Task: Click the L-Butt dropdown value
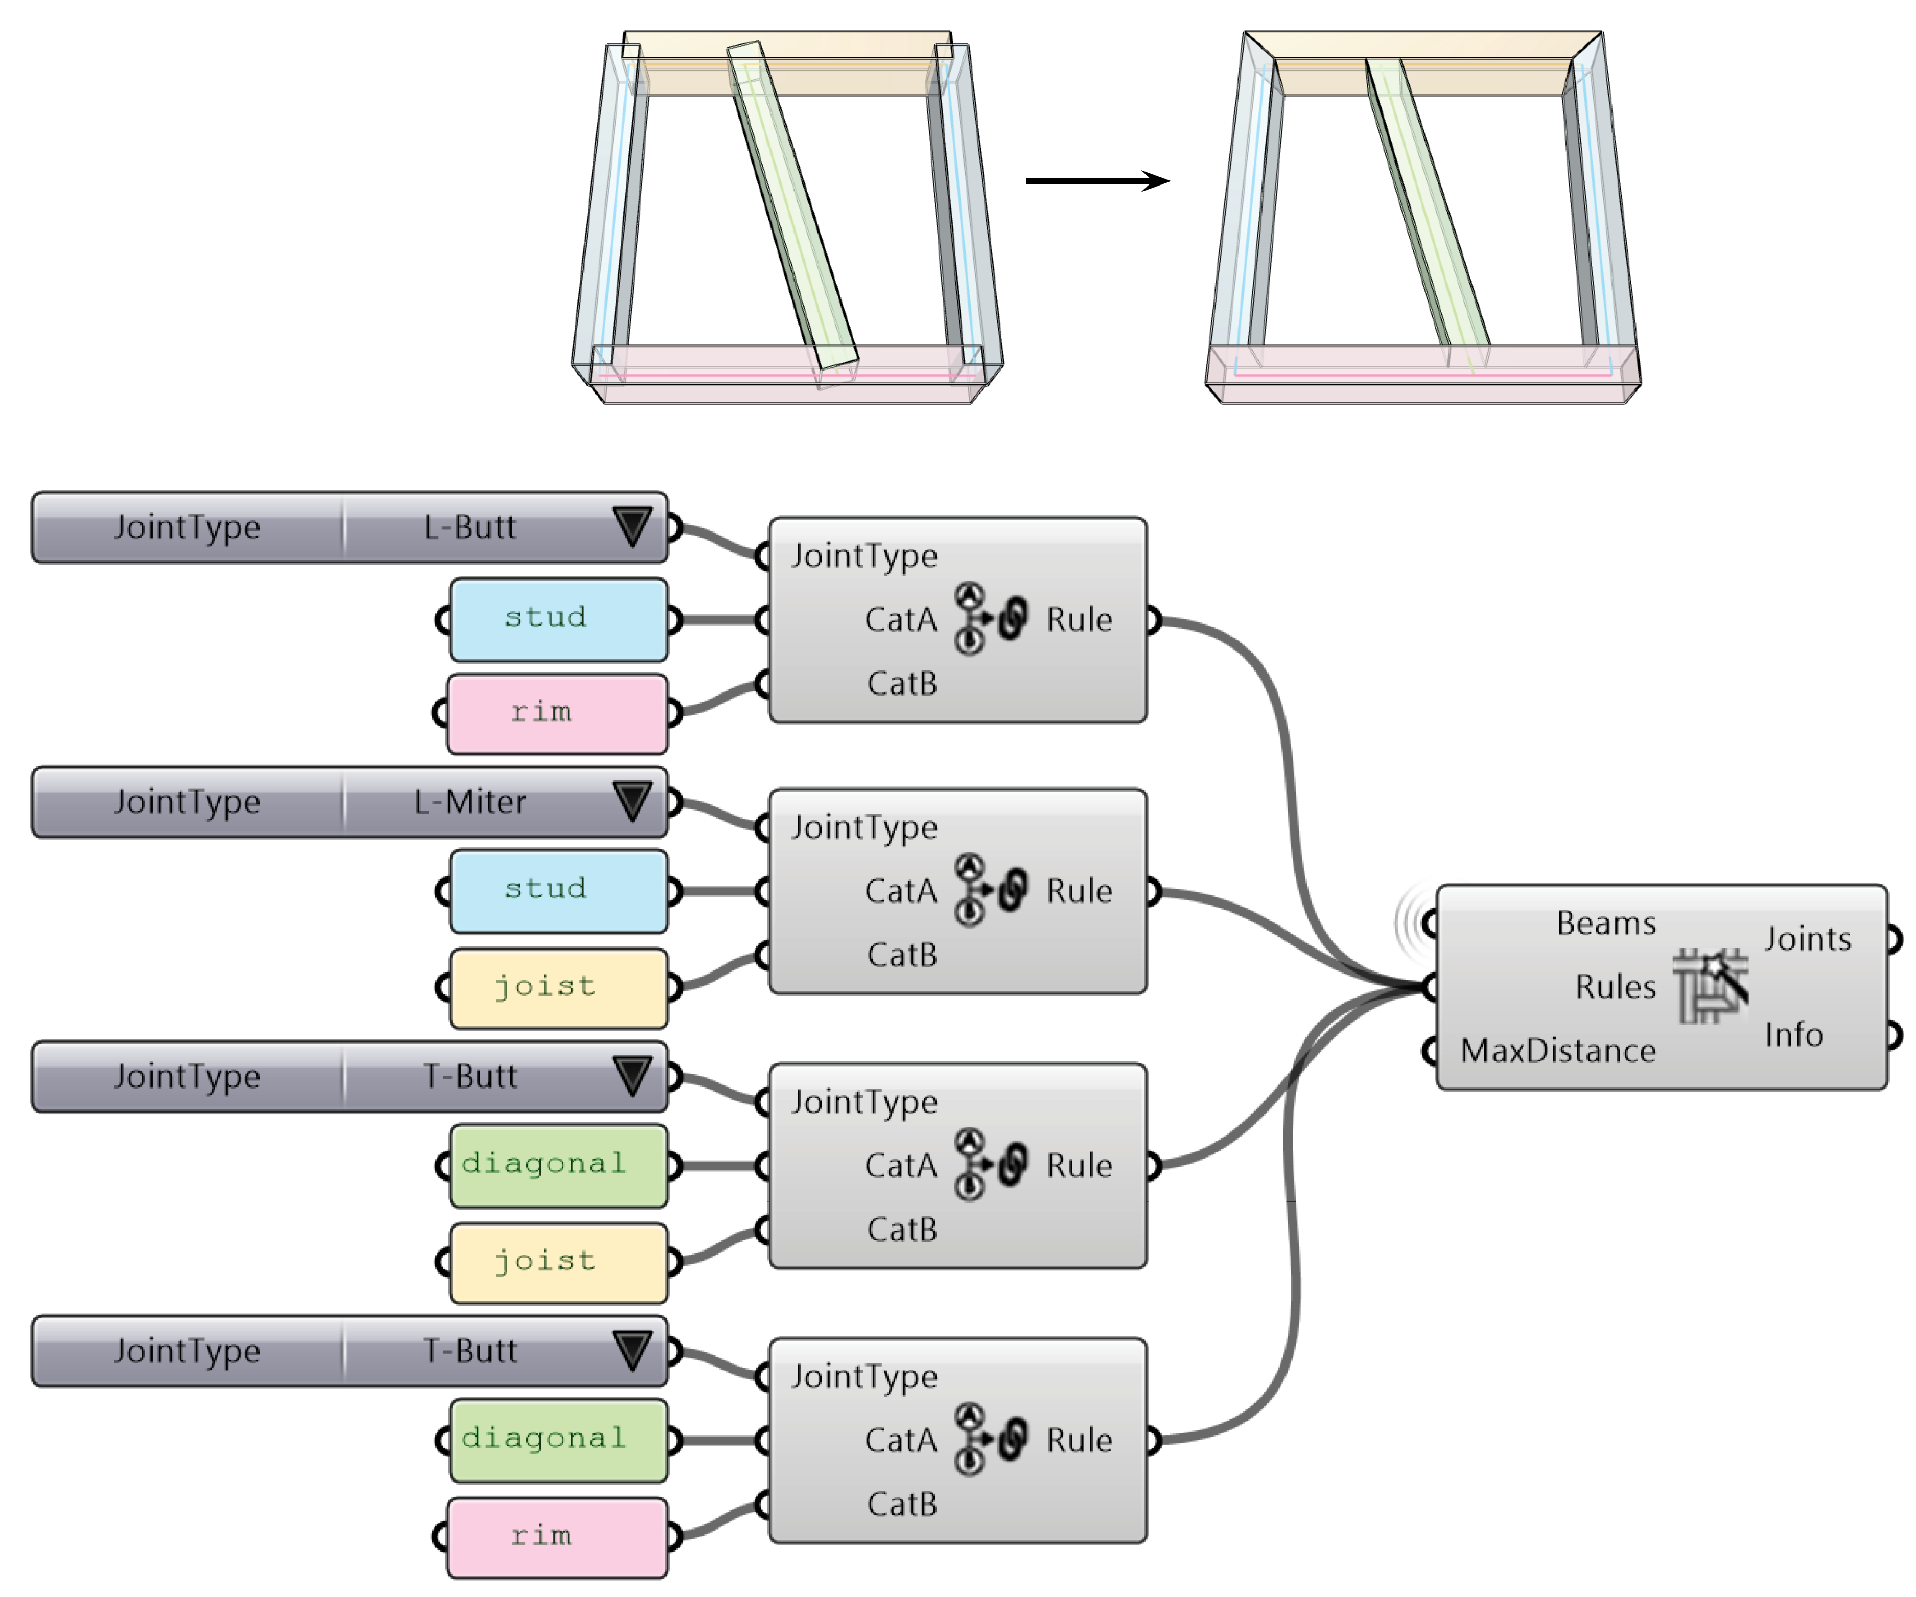[470, 527]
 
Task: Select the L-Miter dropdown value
[470, 802]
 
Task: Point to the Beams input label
[1606, 923]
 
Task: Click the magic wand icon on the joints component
[1711, 986]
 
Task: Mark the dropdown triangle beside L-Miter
[633, 800]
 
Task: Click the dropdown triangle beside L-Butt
[633, 526]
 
